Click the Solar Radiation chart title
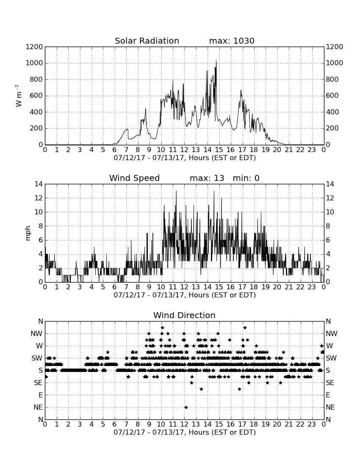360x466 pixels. pyautogui.click(x=147, y=41)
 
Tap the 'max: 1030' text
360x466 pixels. pyautogui.click(x=232, y=41)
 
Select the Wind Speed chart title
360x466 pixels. pyautogui.click(x=135, y=178)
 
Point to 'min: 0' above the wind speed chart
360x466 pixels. pyautogui.click(x=246, y=178)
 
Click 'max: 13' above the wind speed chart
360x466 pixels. pyautogui.click(x=207, y=178)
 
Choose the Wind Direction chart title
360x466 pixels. pyautogui.click(x=184, y=315)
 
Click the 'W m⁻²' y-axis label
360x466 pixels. pyautogui.click(x=18, y=96)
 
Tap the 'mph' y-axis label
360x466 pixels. pyautogui.click(x=28, y=233)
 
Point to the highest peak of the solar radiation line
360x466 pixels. pyautogui.click(x=216, y=60)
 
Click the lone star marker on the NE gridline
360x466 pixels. pyautogui.click(x=186, y=407)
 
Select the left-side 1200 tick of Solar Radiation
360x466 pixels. pyautogui.click(x=34, y=47)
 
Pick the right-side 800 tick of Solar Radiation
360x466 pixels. pyautogui.click(x=332, y=79)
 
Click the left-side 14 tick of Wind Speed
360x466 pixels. pyautogui.click(x=39, y=184)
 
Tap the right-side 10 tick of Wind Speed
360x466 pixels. pyautogui.click(x=330, y=212)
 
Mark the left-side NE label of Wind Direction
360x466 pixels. pyautogui.click(x=38, y=407)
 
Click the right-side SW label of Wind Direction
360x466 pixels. pyautogui.click(x=331, y=358)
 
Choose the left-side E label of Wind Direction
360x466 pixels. pyautogui.click(x=41, y=395)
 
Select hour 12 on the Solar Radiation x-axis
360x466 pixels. pyautogui.click(x=184, y=150)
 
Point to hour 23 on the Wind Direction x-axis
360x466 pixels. pyautogui.click(x=312, y=424)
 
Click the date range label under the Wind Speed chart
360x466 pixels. pyautogui.click(x=185, y=295)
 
